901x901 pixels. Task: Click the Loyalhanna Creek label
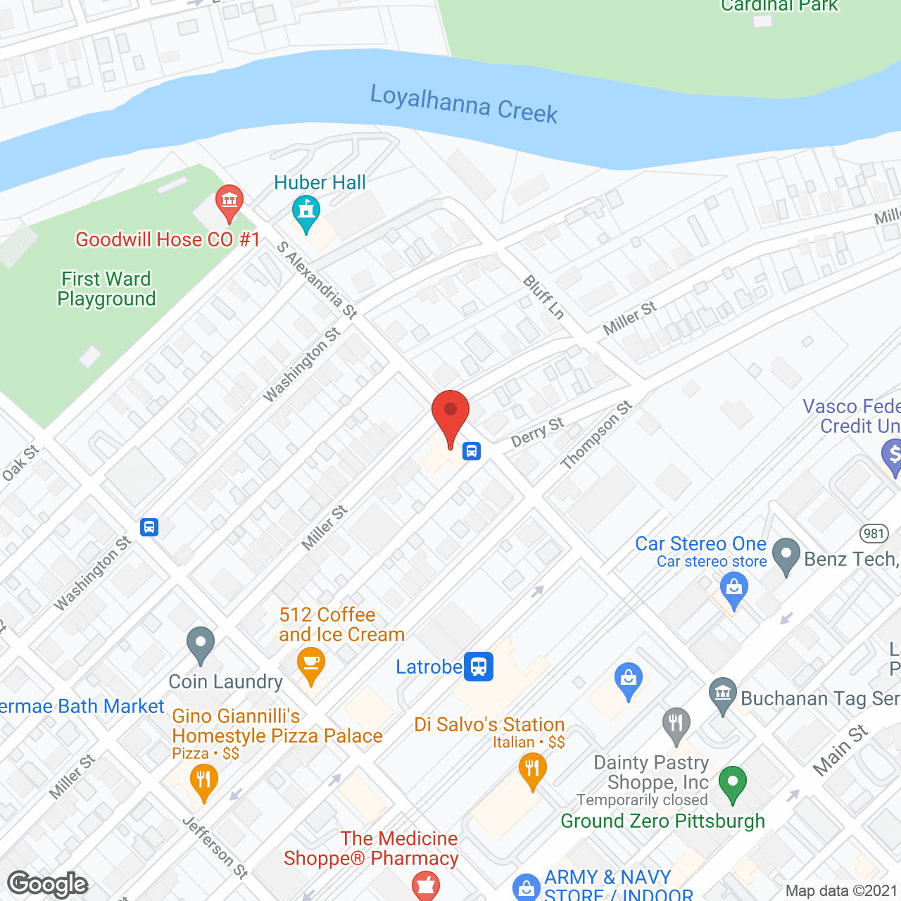pos(464,104)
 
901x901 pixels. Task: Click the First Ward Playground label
pos(106,289)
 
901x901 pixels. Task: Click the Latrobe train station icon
pos(479,666)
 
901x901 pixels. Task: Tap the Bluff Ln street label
pos(544,297)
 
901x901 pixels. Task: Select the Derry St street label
pos(538,432)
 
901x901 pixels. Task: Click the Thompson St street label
pos(596,435)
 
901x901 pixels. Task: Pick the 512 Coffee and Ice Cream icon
pos(310,664)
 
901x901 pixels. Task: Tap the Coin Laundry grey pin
pos(201,643)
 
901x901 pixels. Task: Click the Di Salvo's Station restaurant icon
pos(532,769)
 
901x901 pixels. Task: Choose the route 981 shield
pos(874,533)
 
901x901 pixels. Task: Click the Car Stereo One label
pos(700,543)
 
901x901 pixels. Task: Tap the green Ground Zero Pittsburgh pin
pos(733,783)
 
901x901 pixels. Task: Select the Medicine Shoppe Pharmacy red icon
pos(425,886)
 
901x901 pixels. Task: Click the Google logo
pos(48,884)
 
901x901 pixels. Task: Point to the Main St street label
pos(840,750)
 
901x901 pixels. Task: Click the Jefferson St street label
pos(215,848)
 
